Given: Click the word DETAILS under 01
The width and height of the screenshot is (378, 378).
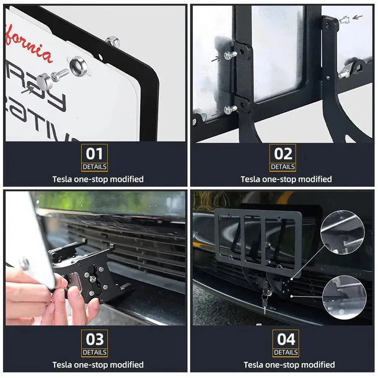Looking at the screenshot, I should coord(94,167).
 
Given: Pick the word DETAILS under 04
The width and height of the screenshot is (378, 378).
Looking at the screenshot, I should coord(286,353).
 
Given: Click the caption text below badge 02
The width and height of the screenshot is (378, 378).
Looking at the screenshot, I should coord(286,179).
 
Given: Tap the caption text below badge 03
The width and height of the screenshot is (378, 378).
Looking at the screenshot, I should coord(98,365).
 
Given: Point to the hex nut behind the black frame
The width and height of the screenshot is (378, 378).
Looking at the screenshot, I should coord(112,42).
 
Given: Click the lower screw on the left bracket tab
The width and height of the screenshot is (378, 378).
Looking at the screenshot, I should coord(230,109).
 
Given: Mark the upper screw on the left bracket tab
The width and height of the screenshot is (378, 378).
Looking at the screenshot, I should coord(229,55).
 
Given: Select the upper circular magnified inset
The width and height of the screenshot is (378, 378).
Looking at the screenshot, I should coord(343,232).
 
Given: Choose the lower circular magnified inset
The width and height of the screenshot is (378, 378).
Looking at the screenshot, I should coord(344,297).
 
